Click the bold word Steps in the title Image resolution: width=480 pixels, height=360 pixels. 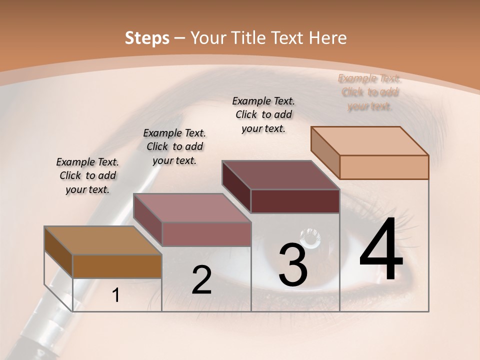(x=147, y=38)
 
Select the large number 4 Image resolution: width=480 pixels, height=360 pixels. (x=381, y=250)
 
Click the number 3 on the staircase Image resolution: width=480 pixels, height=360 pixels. (x=293, y=265)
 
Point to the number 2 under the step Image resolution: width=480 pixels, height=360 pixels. (x=201, y=280)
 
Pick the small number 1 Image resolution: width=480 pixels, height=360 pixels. (x=116, y=295)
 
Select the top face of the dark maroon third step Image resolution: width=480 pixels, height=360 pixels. (x=280, y=175)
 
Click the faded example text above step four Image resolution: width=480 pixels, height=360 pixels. (x=369, y=92)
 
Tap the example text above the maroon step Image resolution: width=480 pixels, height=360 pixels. (x=263, y=114)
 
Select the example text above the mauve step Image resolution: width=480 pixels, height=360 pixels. (x=174, y=146)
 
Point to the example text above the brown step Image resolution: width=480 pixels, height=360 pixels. (x=87, y=175)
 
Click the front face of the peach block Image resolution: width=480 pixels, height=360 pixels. (x=384, y=167)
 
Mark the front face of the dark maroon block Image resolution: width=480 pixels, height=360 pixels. (x=295, y=201)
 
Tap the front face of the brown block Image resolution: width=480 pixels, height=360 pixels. (x=117, y=266)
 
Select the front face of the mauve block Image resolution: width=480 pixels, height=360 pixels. (x=206, y=234)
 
